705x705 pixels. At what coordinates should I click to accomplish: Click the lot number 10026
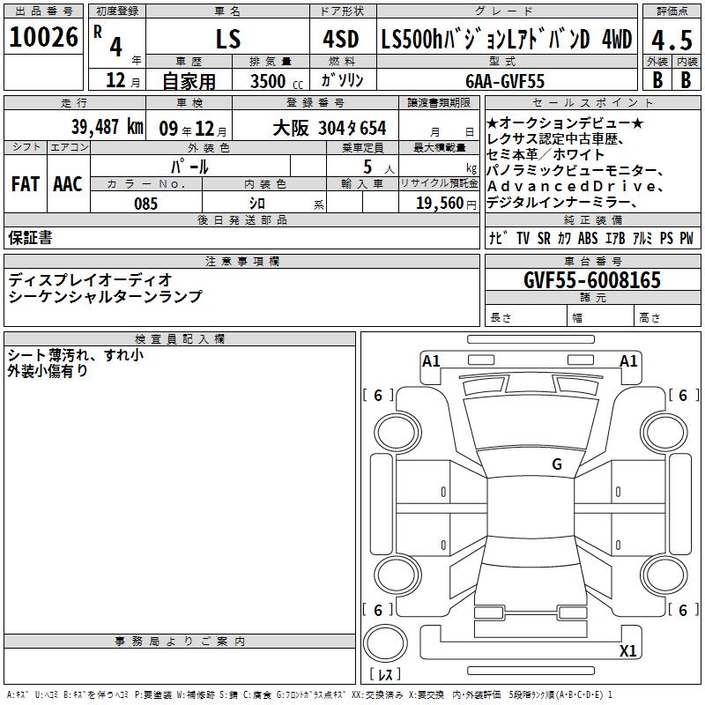43,37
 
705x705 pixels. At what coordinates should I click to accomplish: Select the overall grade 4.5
672,40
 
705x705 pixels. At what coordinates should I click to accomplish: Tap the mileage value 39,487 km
107,127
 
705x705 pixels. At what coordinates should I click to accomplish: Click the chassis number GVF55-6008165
592,279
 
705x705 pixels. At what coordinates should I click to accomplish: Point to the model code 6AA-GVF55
505,81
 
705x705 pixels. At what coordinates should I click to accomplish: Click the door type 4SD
341,39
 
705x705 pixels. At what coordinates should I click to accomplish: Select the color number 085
145,204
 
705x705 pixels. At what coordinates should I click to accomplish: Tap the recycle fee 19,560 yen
446,204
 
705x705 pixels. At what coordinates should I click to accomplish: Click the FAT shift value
26,184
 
